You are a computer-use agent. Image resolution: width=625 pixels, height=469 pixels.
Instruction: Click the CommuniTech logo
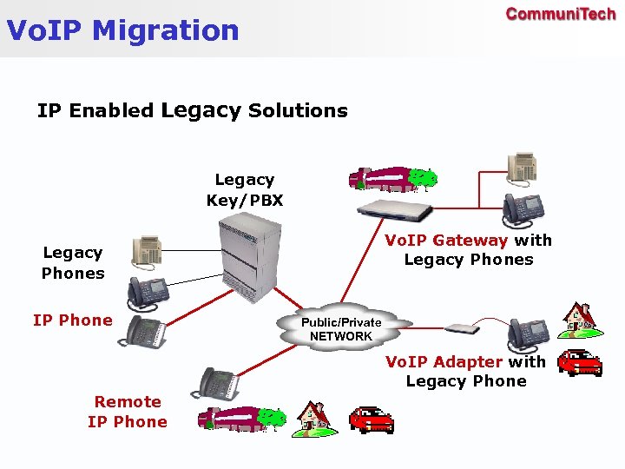(x=560, y=14)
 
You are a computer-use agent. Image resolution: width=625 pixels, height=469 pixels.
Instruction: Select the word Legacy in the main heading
(x=201, y=110)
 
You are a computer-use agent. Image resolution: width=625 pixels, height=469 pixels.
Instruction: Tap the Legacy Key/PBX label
(x=244, y=190)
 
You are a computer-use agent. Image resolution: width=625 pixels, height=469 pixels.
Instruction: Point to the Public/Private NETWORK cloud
(x=340, y=328)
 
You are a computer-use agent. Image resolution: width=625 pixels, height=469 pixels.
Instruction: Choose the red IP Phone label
(x=73, y=320)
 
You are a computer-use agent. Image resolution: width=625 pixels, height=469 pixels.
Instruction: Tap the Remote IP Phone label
(x=128, y=412)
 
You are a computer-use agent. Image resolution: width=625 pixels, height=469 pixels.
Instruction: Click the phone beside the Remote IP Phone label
(x=219, y=382)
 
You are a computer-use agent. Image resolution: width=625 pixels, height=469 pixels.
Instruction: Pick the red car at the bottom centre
(x=371, y=419)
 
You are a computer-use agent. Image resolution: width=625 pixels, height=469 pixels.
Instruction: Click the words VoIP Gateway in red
(x=446, y=241)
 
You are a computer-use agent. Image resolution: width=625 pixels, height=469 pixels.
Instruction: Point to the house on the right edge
(x=579, y=320)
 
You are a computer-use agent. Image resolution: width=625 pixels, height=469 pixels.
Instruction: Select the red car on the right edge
(x=580, y=362)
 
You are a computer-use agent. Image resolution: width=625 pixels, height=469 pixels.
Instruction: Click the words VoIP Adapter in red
(x=444, y=362)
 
